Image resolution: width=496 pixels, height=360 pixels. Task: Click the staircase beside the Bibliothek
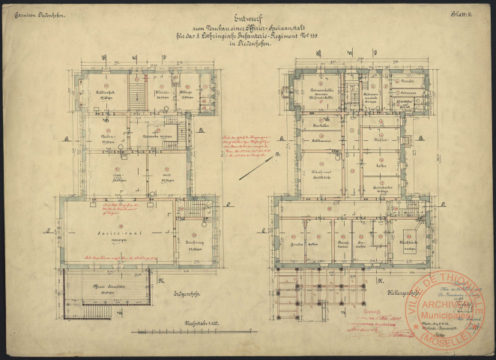[x=136, y=94]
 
